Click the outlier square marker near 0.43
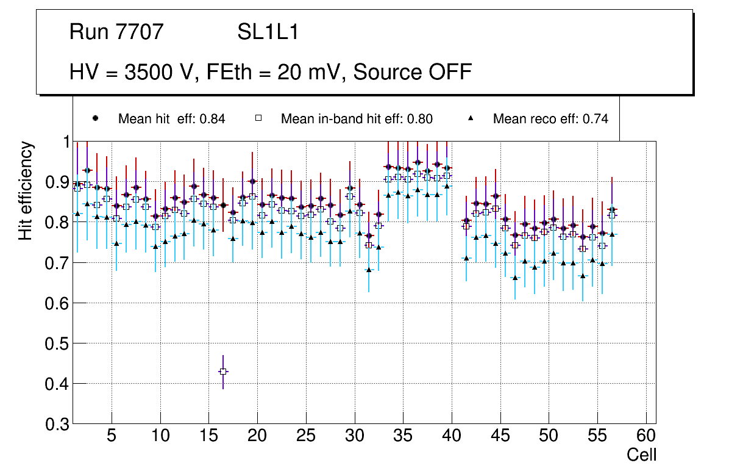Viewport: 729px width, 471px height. pyautogui.click(x=224, y=372)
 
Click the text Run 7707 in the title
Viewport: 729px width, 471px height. pyautogui.click(x=116, y=32)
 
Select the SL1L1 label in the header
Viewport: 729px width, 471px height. pyautogui.click(x=268, y=32)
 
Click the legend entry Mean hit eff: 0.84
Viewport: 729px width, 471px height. pyautogui.click(x=171, y=119)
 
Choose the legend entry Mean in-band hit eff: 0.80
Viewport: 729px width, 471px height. pyautogui.click(x=357, y=119)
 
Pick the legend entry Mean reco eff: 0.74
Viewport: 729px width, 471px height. pyautogui.click(x=550, y=119)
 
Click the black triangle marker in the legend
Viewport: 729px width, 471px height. pyautogui.click(x=471, y=118)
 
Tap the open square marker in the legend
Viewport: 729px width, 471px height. pyautogui.click(x=259, y=119)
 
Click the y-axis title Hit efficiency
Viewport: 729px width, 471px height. pyautogui.click(x=26, y=190)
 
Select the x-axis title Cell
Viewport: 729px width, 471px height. pyautogui.click(x=642, y=455)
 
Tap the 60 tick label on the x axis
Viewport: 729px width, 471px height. pyautogui.click(x=646, y=437)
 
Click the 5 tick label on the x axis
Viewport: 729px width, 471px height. pyautogui.click(x=111, y=437)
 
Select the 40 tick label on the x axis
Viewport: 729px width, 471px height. pyautogui.click(x=452, y=437)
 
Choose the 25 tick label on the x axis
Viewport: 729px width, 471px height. pyautogui.click(x=305, y=437)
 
